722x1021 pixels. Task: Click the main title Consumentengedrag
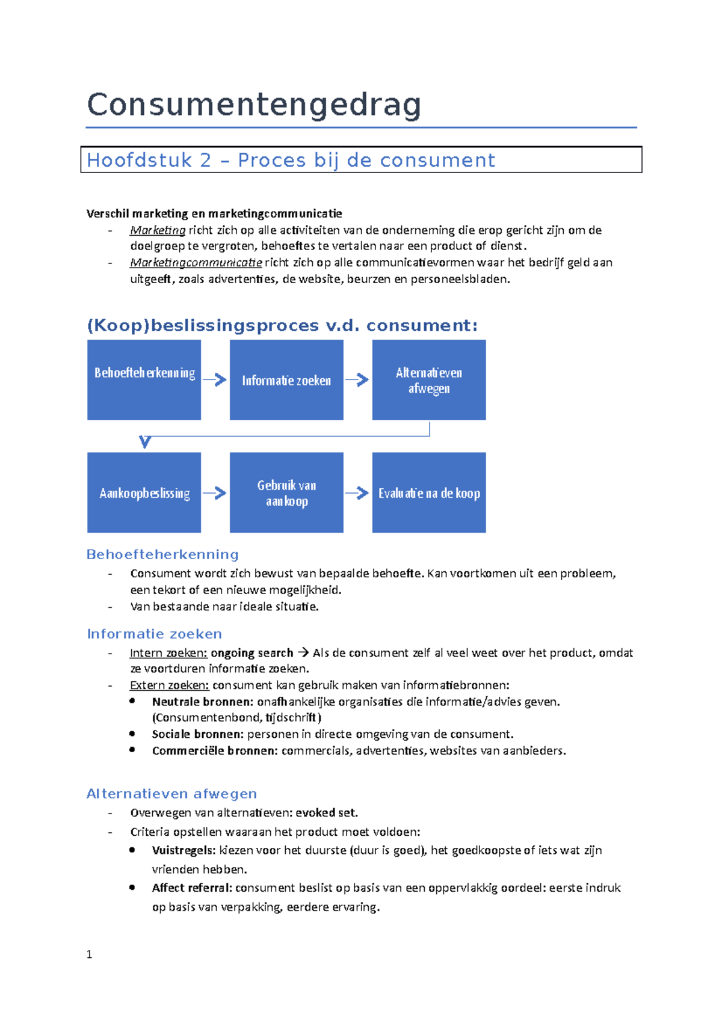click(x=253, y=105)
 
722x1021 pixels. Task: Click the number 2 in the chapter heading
click(x=205, y=161)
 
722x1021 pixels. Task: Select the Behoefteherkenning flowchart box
click(x=144, y=379)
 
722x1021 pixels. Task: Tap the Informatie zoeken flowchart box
click(x=286, y=379)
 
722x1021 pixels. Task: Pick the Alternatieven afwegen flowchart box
click(x=429, y=379)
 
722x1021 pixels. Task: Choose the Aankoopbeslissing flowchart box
click(x=144, y=492)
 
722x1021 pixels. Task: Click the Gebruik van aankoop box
click(x=286, y=492)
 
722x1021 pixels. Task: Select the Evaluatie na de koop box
click(x=429, y=492)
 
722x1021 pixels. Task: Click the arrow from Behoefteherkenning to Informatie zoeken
click(x=215, y=379)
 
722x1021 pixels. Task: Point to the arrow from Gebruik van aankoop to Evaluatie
click(x=357, y=493)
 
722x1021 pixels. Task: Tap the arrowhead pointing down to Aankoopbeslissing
click(x=144, y=443)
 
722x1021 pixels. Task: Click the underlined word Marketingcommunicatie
click(x=196, y=263)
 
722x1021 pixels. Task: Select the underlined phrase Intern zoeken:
click(x=168, y=653)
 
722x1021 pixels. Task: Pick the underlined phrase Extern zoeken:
click(x=169, y=685)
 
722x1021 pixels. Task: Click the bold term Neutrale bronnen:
click(x=203, y=702)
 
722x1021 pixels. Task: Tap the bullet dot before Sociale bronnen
click(x=132, y=734)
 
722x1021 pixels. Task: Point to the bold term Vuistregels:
click(x=184, y=850)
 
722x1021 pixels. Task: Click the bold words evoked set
click(x=327, y=813)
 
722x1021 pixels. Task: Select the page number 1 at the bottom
click(x=90, y=954)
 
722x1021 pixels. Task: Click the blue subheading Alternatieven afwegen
click(x=171, y=794)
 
